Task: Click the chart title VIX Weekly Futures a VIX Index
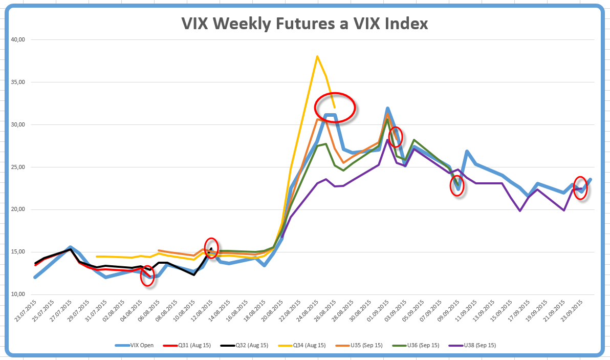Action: coord(304,24)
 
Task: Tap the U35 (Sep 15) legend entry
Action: coord(366,345)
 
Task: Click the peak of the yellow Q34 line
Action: coord(317,56)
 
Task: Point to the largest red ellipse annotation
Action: coord(335,108)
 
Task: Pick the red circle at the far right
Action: coord(580,188)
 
